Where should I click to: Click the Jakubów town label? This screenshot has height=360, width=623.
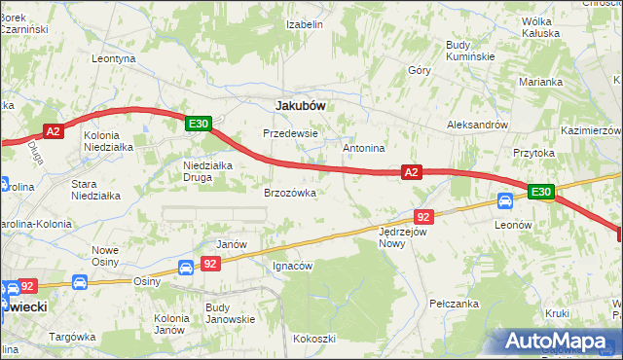[x=300, y=104]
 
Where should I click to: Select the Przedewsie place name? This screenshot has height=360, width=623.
[x=289, y=133]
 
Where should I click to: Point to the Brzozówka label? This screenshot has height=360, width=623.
[x=290, y=193]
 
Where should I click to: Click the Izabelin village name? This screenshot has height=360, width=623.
[x=304, y=24]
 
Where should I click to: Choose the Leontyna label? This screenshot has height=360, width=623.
[x=113, y=58]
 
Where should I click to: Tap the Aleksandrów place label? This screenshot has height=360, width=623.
[x=477, y=126]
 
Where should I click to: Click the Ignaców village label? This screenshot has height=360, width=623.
[x=292, y=266]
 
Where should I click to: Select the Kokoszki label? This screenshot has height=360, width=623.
[x=313, y=339]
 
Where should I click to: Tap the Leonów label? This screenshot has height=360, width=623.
[x=512, y=224]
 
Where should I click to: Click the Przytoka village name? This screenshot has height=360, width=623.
[x=533, y=153]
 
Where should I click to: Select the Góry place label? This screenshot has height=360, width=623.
[x=420, y=70]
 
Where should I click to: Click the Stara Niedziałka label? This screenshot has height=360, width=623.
[x=96, y=189]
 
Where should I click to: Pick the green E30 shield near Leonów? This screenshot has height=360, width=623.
[x=541, y=192]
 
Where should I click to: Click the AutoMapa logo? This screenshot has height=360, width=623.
[x=560, y=342]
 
